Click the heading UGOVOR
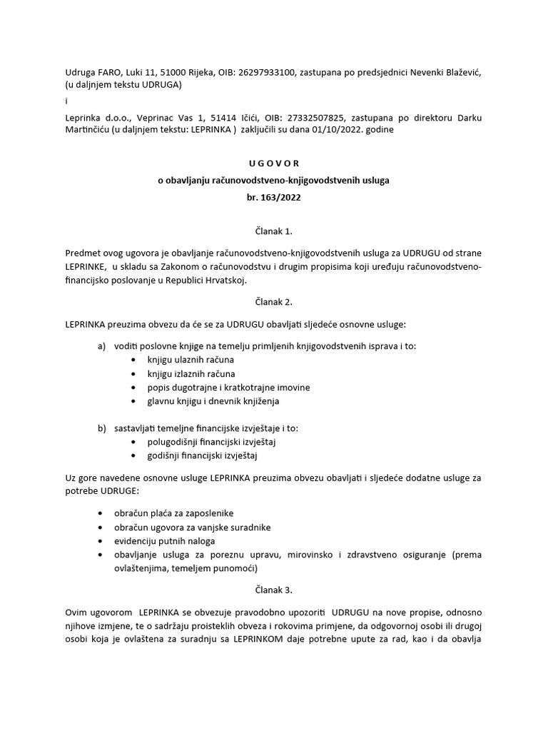(x=273, y=163)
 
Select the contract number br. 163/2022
(x=273, y=198)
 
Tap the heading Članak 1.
(x=273, y=232)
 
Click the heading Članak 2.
(x=273, y=302)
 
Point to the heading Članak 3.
(x=273, y=590)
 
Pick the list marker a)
(x=101, y=346)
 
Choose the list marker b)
(x=101, y=428)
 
